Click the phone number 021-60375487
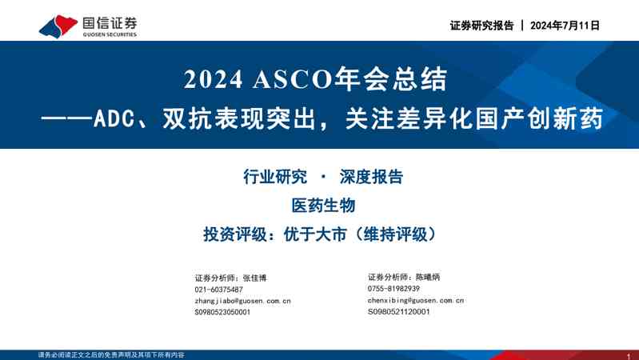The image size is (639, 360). tap(218, 289)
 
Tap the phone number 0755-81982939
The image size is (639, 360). tap(393, 288)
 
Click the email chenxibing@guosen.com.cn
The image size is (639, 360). tap(416, 300)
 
